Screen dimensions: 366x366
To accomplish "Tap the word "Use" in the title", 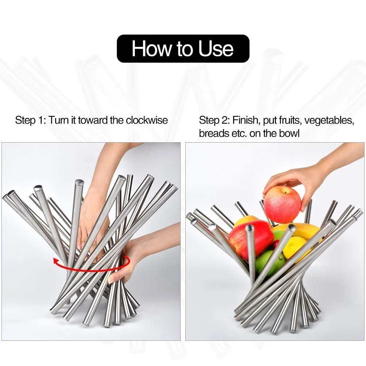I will [216, 49].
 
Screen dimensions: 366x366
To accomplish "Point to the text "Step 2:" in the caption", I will [214, 120].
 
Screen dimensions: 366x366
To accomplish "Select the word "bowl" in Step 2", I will [289, 133].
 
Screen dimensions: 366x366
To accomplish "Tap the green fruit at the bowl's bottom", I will [269, 263].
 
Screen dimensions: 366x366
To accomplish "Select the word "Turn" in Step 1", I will [58, 120].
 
